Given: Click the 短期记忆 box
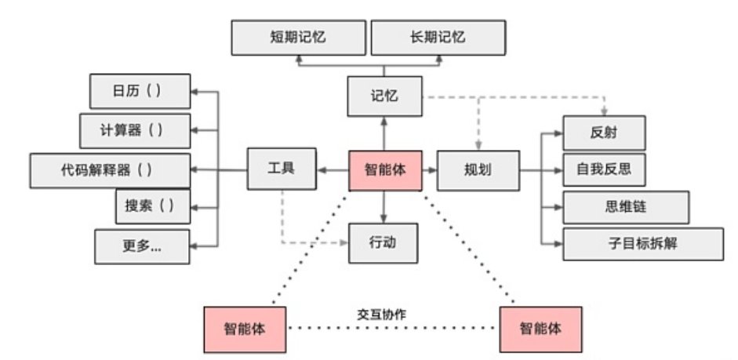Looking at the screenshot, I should [x=299, y=37].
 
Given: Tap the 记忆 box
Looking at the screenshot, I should [x=384, y=96].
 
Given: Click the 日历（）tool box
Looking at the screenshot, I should [x=140, y=91].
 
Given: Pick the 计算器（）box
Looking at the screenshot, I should [x=135, y=130].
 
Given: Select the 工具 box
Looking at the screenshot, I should [x=281, y=169].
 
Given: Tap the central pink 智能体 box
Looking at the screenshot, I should [x=385, y=169].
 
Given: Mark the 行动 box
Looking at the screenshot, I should [x=384, y=242].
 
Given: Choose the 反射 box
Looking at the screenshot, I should [x=604, y=133].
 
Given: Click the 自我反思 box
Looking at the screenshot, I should [x=604, y=168].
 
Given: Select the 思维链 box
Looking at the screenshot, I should [x=625, y=206].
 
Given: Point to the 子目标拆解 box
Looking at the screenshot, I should [x=642, y=244].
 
